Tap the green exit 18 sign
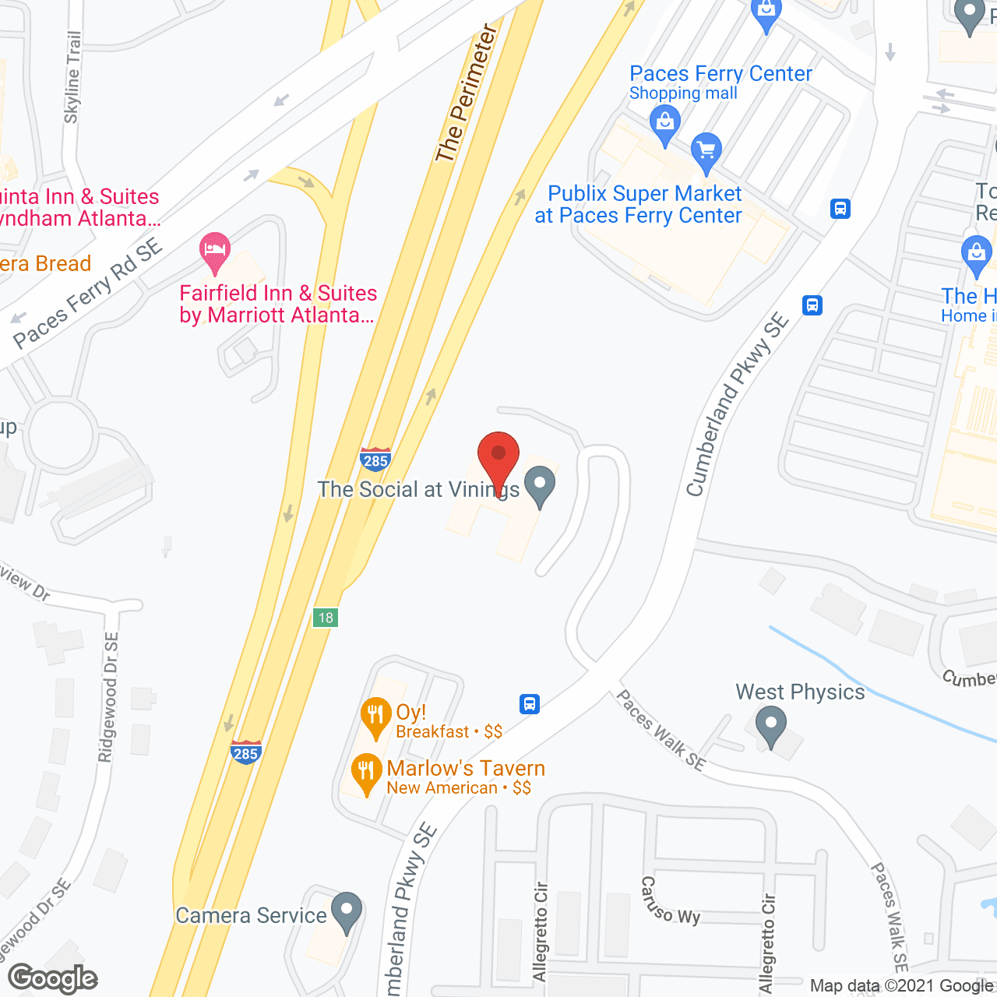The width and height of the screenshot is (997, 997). click(x=326, y=618)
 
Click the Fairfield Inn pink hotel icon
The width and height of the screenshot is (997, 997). click(x=214, y=251)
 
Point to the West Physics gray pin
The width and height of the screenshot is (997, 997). click(x=770, y=725)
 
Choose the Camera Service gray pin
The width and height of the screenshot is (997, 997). click(x=347, y=911)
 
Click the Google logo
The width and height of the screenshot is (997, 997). click(x=53, y=978)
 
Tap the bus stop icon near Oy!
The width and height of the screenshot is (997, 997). click(x=530, y=704)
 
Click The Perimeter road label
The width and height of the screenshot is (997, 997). click(x=466, y=93)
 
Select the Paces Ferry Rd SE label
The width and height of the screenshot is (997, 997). click(x=87, y=293)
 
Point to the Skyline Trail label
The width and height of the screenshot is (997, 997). click(x=72, y=77)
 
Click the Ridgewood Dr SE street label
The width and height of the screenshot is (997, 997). click(x=109, y=696)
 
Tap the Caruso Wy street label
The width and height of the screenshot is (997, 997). click(x=670, y=900)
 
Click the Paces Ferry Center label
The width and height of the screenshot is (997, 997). click(x=720, y=74)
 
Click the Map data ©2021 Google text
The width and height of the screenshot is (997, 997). click(x=902, y=986)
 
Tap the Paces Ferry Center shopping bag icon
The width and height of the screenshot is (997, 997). click(x=664, y=125)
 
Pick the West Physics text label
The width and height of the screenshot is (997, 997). click(x=800, y=692)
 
